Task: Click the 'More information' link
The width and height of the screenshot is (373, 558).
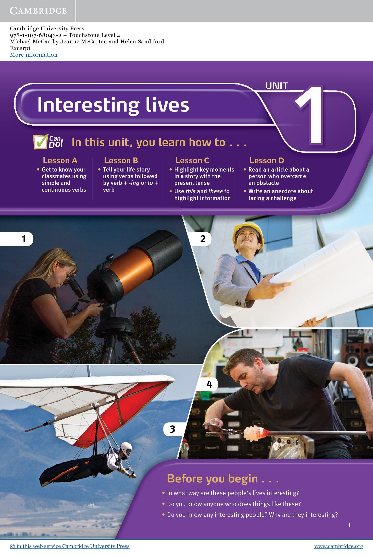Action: pos(34,55)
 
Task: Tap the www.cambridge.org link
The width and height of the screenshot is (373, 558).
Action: pos(339,546)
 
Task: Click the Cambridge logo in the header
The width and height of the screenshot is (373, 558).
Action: pos(38,11)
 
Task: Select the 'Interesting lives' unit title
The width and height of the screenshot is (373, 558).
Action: pos(113,105)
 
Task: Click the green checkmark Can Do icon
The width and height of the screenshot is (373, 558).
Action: pos(40,142)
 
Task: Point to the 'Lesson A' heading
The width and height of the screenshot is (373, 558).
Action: pos(60,160)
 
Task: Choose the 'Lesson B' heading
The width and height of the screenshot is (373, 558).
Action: pos(121,160)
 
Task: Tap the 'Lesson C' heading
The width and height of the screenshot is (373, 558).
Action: pos(192,160)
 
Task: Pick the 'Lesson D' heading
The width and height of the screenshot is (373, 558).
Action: pos(267,160)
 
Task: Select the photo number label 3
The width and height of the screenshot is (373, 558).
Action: pos(172,429)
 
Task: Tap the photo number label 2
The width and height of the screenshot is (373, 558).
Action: pos(203,239)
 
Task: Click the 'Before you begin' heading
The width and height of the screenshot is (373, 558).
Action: pos(223,479)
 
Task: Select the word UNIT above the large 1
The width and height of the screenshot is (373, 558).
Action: pos(277,86)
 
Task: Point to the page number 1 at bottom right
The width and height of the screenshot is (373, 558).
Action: pos(349,525)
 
